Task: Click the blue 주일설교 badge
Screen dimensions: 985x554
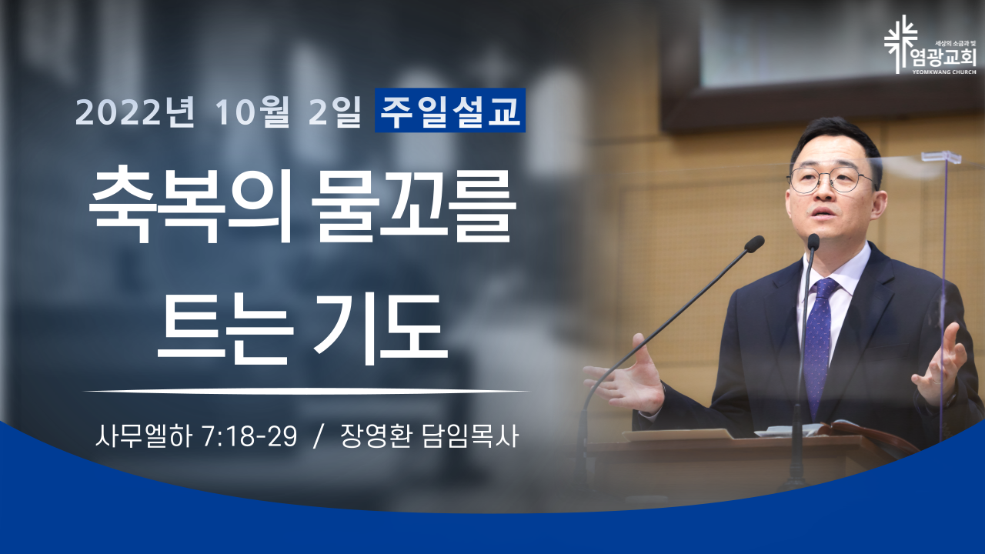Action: (450, 110)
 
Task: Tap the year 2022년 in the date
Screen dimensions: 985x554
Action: (135, 112)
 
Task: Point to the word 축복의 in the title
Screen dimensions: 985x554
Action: (190, 207)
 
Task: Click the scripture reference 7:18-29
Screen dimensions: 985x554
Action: (250, 437)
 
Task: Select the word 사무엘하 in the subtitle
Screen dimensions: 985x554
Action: (144, 437)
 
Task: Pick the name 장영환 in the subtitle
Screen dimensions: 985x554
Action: (376, 437)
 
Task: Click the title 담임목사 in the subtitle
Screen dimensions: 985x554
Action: (470, 437)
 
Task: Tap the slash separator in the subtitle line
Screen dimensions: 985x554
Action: (318, 437)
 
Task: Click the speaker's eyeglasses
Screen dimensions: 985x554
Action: (831, 179)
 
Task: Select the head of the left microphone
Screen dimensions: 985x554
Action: (753, 244)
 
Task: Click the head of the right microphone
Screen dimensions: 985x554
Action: (813, 242)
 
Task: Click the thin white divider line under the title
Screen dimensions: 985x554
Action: (306, 390)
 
